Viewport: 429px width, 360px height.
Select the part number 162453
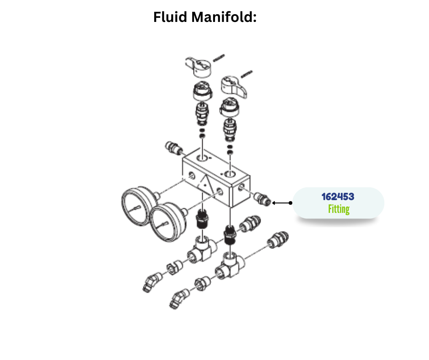tap(338, 197)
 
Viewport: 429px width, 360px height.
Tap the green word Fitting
tap(338, 209)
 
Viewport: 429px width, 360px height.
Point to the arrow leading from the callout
tap(282, 202)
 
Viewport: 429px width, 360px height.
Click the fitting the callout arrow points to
tap(262, 199)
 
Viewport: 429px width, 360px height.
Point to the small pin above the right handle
tap(246, 73)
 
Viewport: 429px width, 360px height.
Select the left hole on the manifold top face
tap(201, 158)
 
